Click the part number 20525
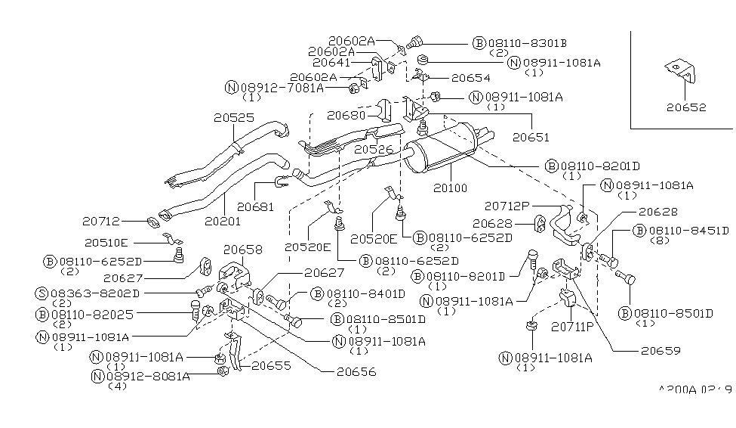coord(234,118)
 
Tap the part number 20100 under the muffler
coord(449,187)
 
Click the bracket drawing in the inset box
coord(681,72)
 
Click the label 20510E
coord(106,243)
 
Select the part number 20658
coord(243,250)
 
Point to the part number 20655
coord(273,365)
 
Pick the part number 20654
coord(470,77)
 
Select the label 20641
coord(331,64)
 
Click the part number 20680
coord(346,116)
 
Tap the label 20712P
coord(508,205)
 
